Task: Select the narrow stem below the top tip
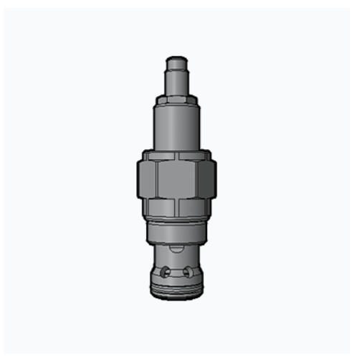point(177,76)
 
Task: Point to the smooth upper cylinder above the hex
point(177,125)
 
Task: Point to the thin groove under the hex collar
point(176,224)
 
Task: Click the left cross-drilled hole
point(166,273)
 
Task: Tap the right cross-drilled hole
point(187,273)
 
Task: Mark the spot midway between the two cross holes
point(176,273)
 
